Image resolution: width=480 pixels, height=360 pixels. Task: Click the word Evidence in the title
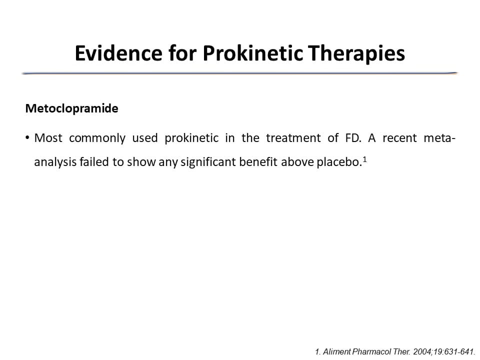[x=118, y=53]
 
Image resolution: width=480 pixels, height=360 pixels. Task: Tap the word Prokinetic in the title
[x=252, y=53]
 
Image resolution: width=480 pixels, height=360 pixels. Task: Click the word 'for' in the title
[x=182, y=53]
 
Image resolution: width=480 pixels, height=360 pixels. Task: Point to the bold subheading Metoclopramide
[x=71, y=108]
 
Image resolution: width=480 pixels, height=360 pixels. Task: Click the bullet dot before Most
[x=27, y=138]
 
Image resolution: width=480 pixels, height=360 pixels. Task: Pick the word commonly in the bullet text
[x=97, y=138]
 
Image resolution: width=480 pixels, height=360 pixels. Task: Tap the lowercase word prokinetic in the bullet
[x=191, y=138]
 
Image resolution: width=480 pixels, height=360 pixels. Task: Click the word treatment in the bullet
[x=293, y=138]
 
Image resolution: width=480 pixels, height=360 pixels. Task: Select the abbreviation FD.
[x=353, y=138]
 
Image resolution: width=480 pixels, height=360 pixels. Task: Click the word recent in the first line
[x=399, y=138]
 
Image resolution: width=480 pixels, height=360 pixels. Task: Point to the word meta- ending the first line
[x=439, y=138]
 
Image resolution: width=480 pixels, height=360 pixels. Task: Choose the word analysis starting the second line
[x=55, y=162]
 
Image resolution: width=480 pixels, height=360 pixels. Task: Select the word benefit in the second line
[x=258, y=161]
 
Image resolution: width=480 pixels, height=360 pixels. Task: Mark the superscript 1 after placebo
[x=364, y=159]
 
